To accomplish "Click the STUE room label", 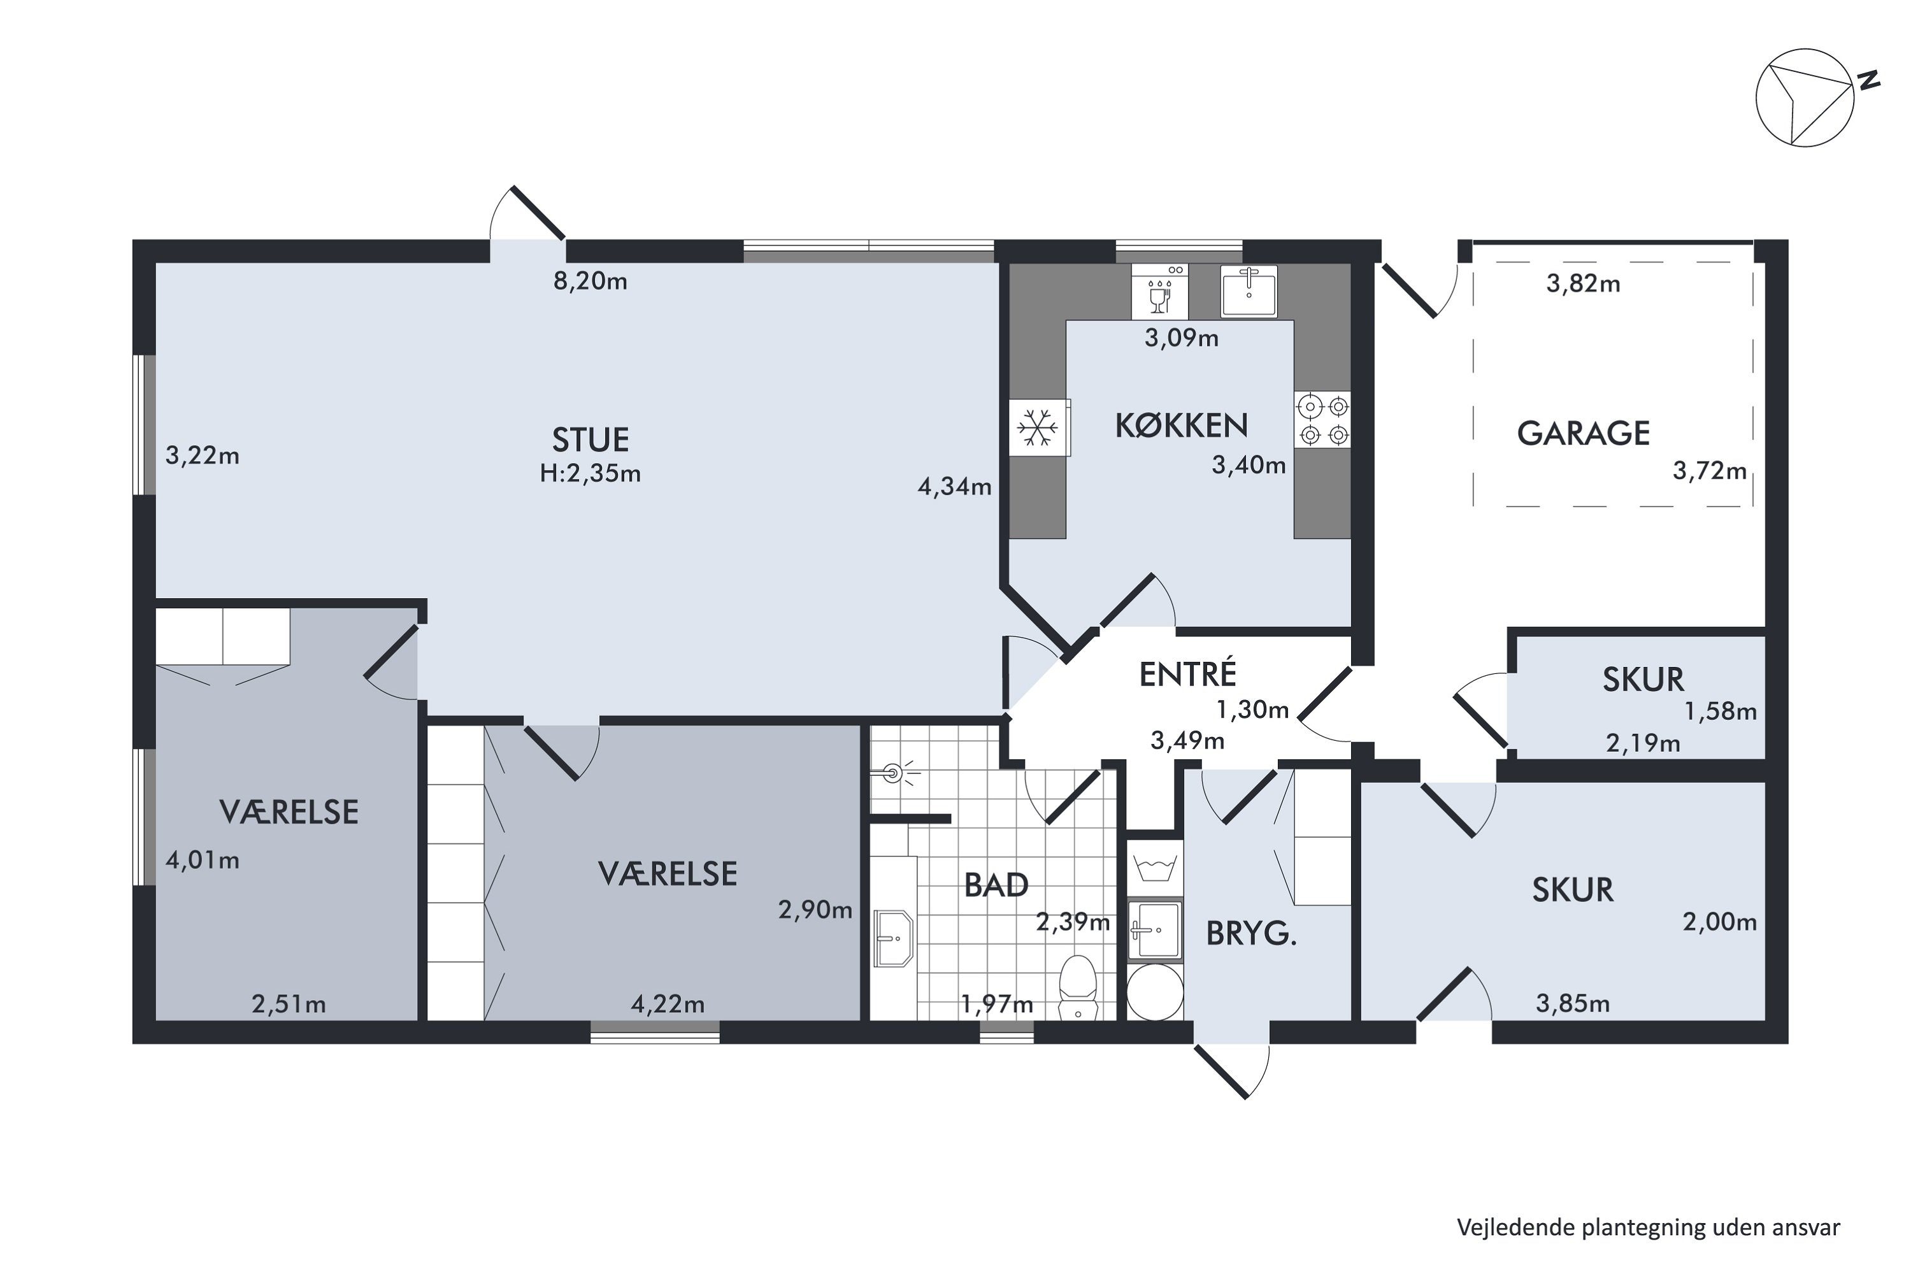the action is (x=590, y=440).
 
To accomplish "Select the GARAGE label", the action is (x=1583, y=433).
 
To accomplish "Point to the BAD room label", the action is (x=996, y=885).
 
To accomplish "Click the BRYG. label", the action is (x=1250, y=934).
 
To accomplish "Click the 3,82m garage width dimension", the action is (x=1583, y=283).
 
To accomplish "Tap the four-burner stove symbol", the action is (x=1322, y=419).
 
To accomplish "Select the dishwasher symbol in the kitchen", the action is (x=1159, y=291).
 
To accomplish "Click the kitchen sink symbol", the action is (x=1249, y=291).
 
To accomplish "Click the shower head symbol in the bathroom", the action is (x=894, y=773).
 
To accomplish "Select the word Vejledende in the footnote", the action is (x=1515, y=1227).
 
